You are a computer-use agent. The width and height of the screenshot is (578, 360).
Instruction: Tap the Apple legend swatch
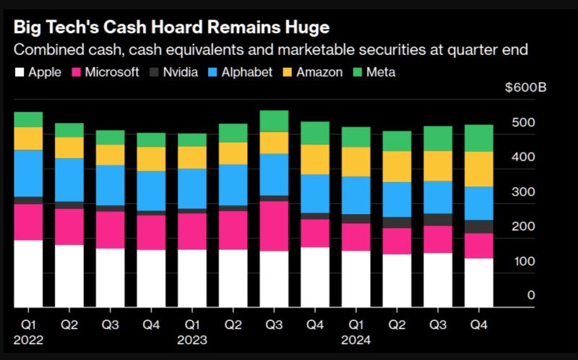(x=19, y=72)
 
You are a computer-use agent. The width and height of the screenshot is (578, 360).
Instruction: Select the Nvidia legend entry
(x=173, y=72)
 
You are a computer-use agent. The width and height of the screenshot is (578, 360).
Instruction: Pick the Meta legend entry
(x=374, y=72)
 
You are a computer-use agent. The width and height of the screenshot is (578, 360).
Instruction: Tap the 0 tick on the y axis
(x=531, y=295)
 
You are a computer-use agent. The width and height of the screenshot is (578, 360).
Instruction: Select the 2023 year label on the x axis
(x=192, y=340)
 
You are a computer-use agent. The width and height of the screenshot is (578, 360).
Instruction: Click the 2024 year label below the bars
(x=356, y=340)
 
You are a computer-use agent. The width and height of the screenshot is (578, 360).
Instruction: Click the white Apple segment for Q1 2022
(x=29, y=273)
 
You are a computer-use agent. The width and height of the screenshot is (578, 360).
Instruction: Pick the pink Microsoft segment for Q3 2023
(x=274, y=226)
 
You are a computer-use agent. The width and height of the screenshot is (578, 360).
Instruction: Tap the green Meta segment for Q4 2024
(x=478, y=138)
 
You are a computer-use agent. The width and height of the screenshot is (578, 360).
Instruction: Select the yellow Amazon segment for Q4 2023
(x=315, y=159)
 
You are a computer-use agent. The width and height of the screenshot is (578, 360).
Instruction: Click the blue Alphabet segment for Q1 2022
(x=29, y=173)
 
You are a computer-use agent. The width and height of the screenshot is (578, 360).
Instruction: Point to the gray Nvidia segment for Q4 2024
(x=478, y=226)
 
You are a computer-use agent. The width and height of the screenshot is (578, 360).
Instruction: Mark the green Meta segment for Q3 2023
(x=274, y=121)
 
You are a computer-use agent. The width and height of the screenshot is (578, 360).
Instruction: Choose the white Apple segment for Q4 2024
(x=478, y=282)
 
